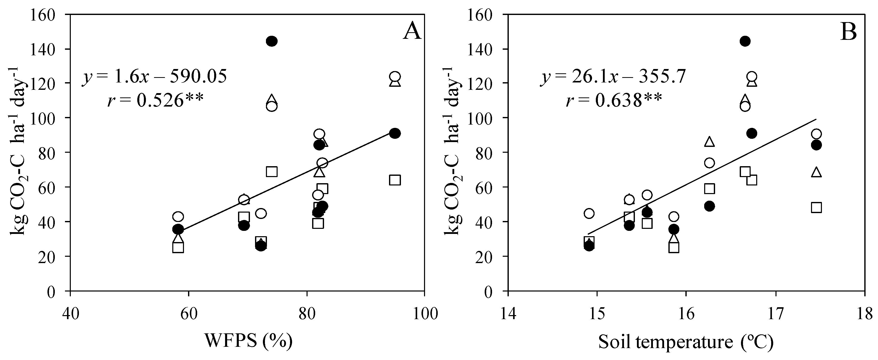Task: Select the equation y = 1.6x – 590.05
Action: [x=154, y=77]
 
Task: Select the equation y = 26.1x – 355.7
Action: [x=613, y=77]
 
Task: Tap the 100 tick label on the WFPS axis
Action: [x=424, y=314]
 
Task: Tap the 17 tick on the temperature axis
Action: [x=776, y=314]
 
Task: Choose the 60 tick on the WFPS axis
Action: [x=189, y=314]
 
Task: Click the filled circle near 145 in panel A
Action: [x=272, y=41]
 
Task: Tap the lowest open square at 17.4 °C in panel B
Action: [x=816, y=207]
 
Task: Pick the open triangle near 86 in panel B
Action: [x=709, y=142]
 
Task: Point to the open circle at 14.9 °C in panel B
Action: [x=589, y=213]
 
